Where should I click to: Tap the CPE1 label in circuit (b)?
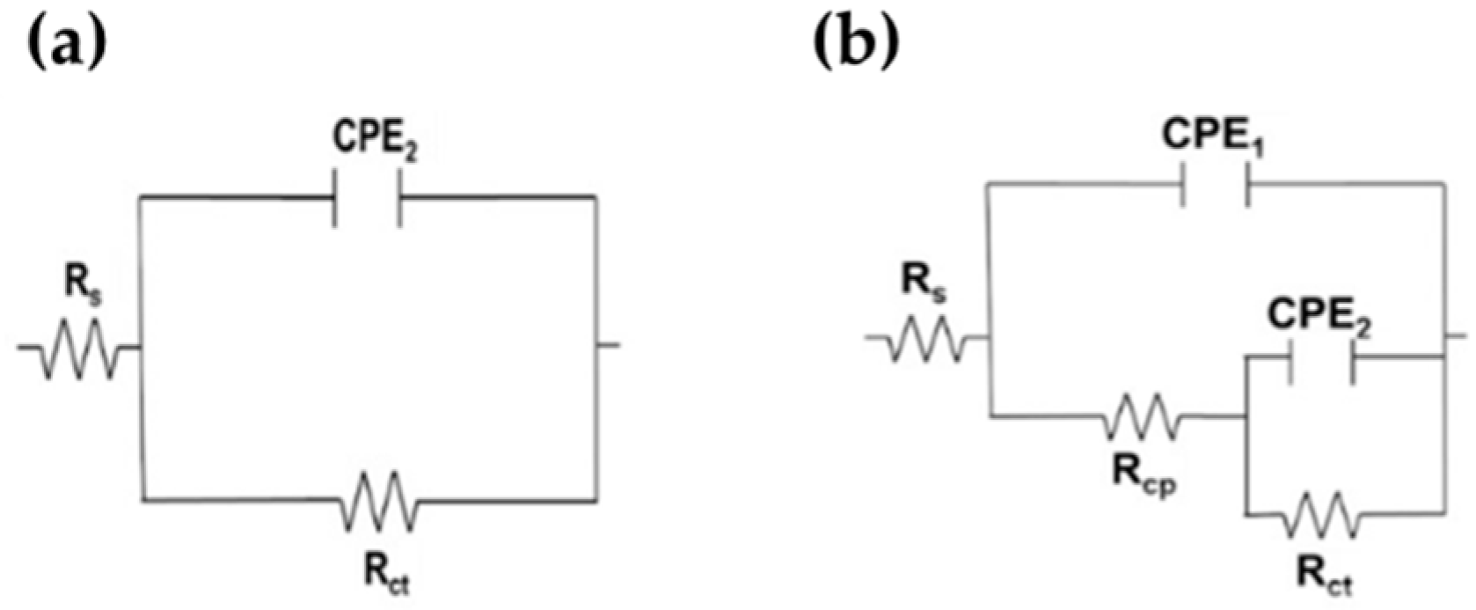[x=1214, y=136]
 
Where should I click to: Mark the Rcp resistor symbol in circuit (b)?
[x=1141, y=416]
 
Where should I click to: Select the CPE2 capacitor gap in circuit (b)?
[x=1320, y=357]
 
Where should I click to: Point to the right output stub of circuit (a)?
[x=609, y=345]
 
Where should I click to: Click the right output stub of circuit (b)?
[x=1456, y=335]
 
